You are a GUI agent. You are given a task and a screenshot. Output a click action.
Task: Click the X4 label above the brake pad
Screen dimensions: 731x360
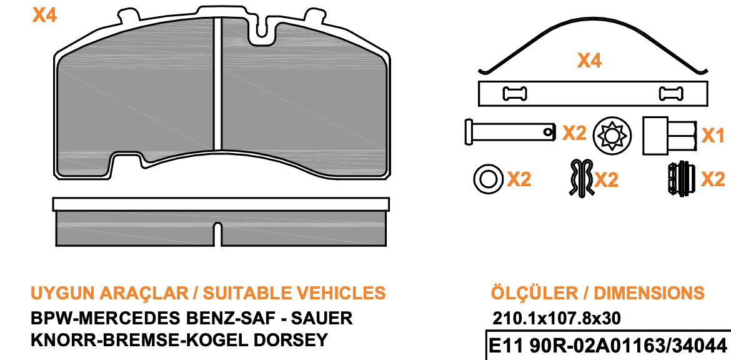click(45, 16)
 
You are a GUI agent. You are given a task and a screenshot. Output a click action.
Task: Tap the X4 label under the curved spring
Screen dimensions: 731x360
click(590, 61)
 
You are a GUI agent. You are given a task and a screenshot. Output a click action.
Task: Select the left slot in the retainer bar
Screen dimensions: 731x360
click(515, 94)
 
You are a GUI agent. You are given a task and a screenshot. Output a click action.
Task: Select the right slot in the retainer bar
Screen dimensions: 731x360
click(671, 94)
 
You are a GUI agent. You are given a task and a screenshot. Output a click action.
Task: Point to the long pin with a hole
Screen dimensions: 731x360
click(510, 132)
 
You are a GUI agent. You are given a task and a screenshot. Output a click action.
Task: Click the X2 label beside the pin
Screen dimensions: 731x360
click(574, 134)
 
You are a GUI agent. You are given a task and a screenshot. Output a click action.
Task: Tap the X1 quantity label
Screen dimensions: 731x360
click(714, 136)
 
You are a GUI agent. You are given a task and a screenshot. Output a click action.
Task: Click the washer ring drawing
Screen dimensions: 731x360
click(488, 179)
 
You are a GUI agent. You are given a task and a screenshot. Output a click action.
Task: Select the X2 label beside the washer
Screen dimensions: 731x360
click(519, 179)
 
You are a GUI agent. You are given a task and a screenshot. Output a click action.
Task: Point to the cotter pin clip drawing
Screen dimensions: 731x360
click(581, 177)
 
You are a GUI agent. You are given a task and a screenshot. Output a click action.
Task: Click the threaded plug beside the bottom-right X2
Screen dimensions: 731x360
click(681, 179)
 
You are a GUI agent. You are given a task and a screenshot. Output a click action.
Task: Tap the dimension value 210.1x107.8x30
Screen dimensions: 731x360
click(557, 319)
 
